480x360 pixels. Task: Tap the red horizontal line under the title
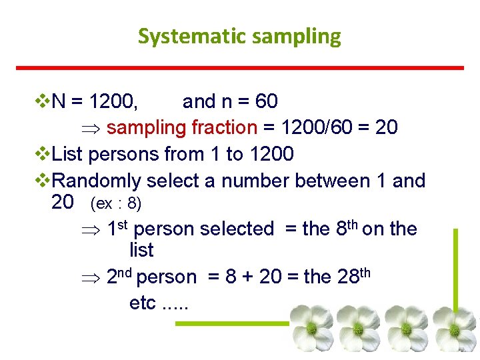[239, 67]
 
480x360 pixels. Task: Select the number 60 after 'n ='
[266, 101]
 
